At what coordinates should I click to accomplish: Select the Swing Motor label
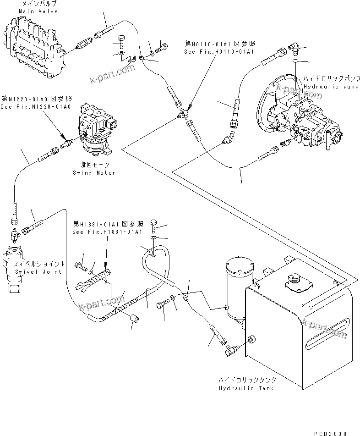tap(94, 170)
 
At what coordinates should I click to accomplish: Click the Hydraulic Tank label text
tap(246, 384)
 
